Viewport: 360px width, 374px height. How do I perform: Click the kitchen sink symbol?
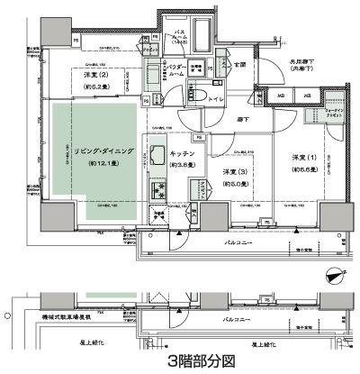pos(157,155)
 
